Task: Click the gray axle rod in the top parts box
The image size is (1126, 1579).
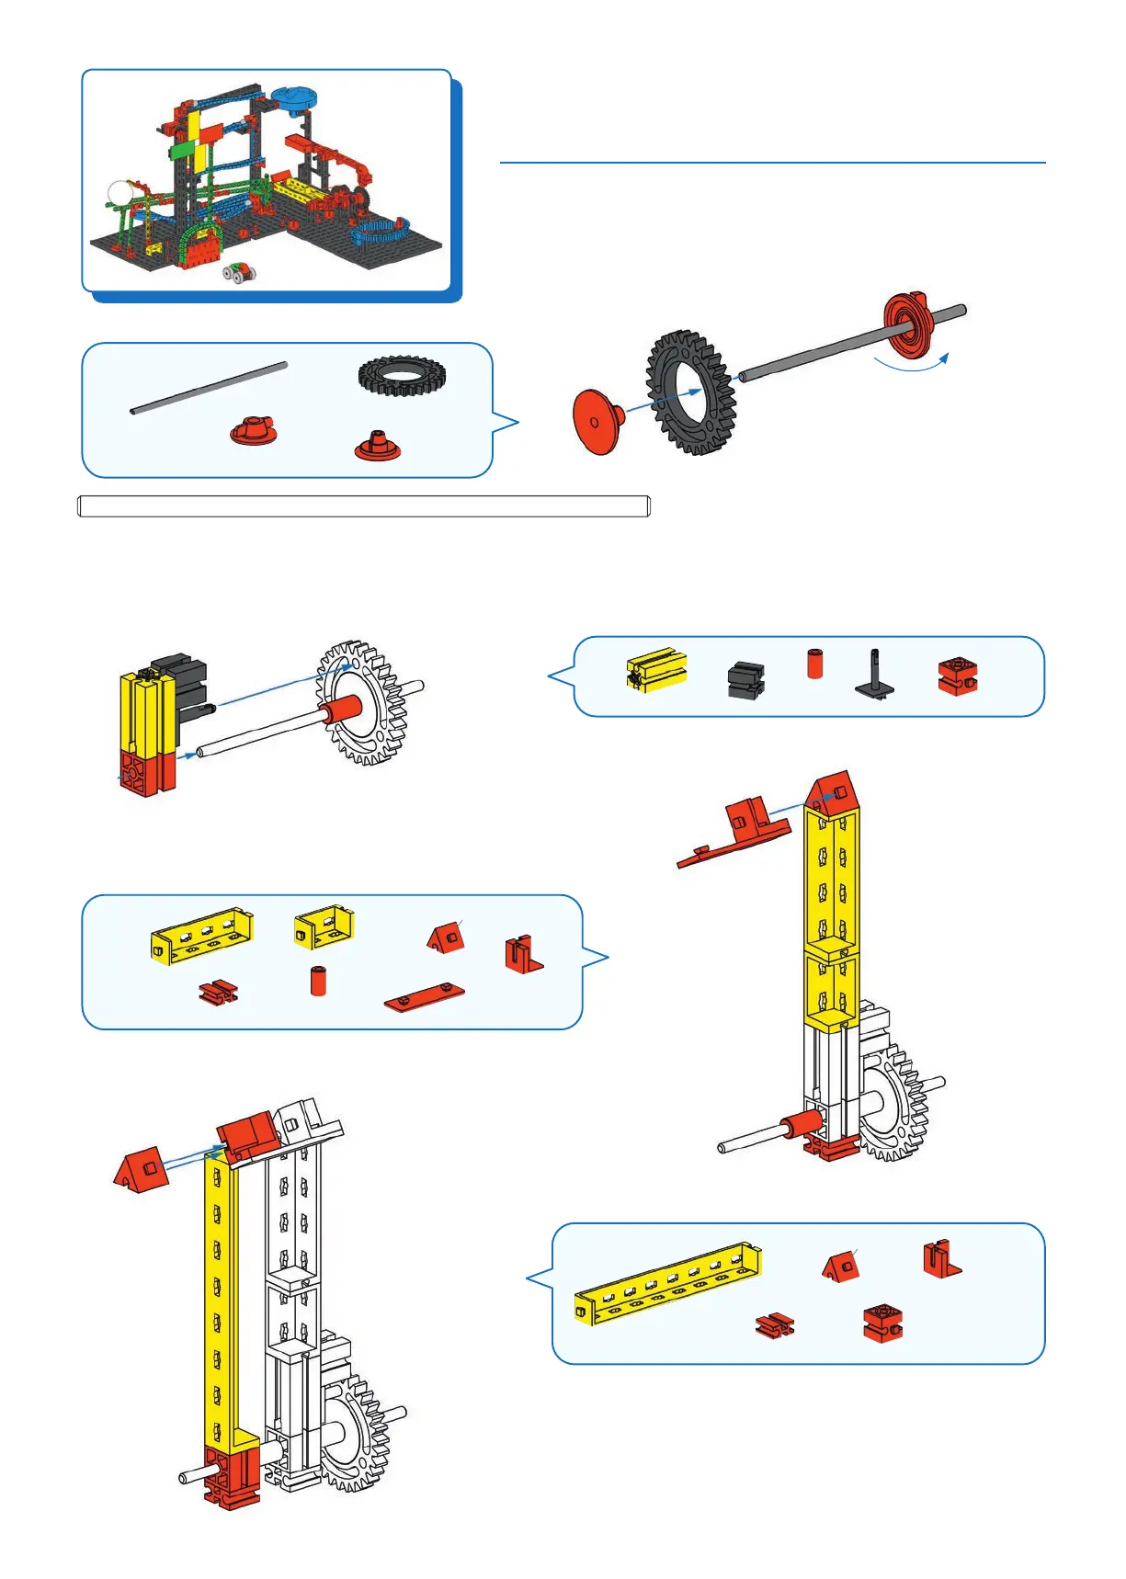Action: point(209,388)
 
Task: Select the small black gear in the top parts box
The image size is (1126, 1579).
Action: point(402,376)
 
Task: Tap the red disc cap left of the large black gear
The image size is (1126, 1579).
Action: point(597,422)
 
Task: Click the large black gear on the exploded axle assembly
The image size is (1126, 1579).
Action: point(690,392)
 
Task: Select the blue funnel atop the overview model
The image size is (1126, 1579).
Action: point(294,100)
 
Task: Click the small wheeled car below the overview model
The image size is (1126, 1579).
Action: point(238,273)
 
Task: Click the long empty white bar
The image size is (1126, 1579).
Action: point(364,506)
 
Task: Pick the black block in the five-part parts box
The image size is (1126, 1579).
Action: point(745,680)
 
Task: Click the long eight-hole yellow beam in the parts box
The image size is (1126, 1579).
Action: point(669,1281)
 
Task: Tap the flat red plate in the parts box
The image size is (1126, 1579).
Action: point(424,996)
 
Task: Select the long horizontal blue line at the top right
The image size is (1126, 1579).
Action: point(772,163)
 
